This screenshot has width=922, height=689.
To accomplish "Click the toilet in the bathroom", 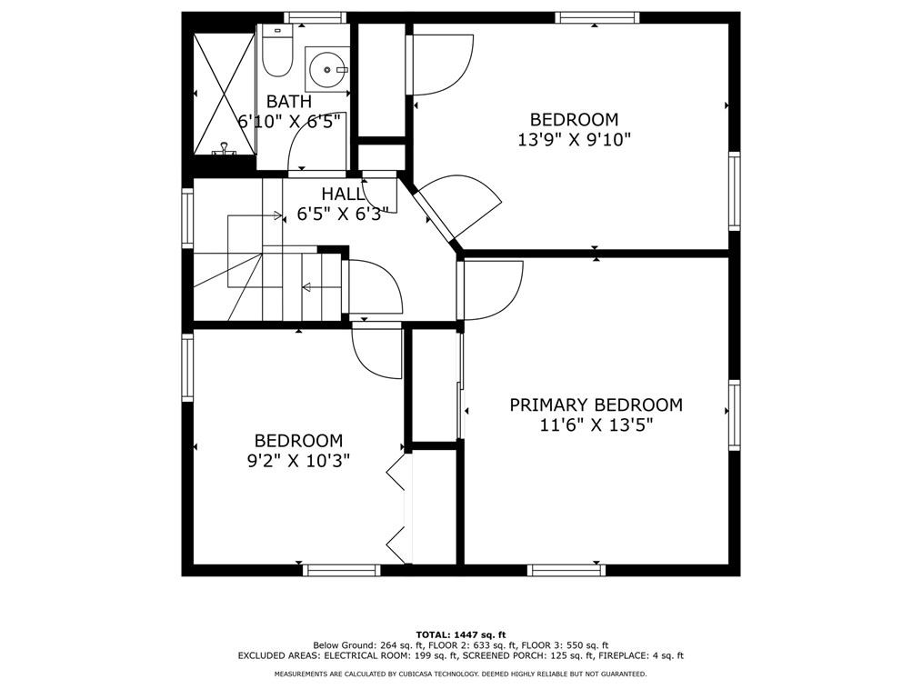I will [276, 53].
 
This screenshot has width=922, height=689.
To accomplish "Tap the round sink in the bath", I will [326, 69].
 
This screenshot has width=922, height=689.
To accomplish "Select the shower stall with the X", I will [224, 93].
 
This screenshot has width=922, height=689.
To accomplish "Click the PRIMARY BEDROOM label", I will [596, 405].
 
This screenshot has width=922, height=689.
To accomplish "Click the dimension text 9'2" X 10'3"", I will [298, 461].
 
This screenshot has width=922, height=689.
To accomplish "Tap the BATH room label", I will [289, 102].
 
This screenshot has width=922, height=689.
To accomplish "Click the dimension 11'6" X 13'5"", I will [596, 425].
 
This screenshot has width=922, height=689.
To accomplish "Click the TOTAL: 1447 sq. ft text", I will [461, 634].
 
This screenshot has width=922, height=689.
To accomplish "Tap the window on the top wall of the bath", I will [315, 17].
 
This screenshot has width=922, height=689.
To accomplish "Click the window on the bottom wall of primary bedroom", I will [566, 570].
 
